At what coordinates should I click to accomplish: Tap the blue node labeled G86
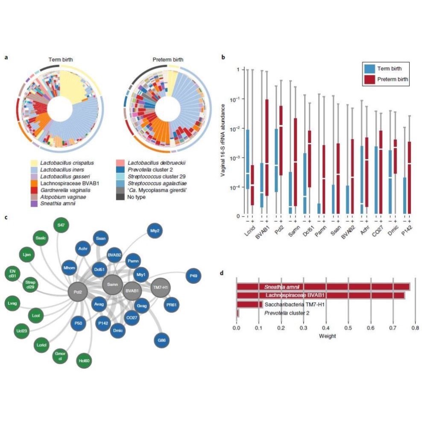pyautogui.click(x=161, y=340)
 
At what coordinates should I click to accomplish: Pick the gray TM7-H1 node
pyautogui.click(x=161, y=290)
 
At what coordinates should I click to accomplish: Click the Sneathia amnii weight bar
pyautogui.click(x=323, y=287)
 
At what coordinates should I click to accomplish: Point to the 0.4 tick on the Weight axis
pyautogui.click(x=326, y=328)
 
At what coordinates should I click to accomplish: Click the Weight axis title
pyautogui.click(x=327, y=336)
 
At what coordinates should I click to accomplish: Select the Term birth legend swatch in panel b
pyautogui.click(x=370, y=68)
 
